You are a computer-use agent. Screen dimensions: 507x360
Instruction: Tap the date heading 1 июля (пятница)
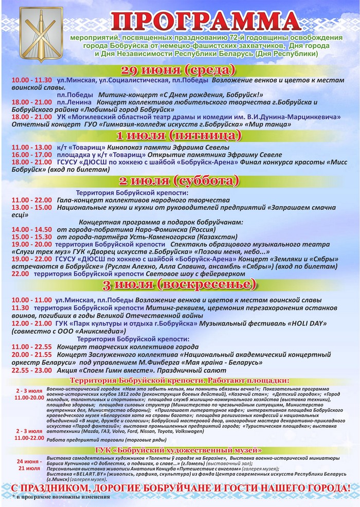(x=177, y=136)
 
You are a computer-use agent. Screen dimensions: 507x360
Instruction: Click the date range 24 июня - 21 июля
(x=29, y=465)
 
